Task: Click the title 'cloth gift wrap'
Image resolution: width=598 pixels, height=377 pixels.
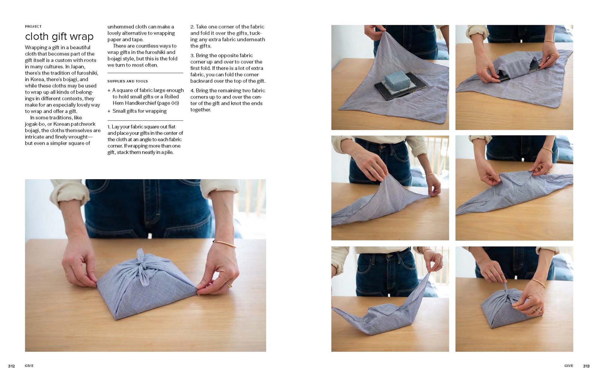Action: click(59, 37)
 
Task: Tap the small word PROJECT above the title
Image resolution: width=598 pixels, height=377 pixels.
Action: click(33, 26)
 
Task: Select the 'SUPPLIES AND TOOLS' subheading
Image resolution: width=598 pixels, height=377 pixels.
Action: click(128, 81)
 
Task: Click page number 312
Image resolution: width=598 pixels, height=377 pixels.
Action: click(11, 366)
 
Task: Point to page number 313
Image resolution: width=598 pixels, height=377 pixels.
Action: click(586, 366)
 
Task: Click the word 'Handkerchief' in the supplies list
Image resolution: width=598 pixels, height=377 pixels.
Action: click(140, 103)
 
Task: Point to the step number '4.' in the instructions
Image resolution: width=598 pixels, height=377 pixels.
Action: click(192, 91)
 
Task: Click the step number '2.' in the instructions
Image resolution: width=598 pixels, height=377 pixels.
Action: click(192, 27)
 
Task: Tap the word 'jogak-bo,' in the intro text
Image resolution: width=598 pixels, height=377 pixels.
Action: click(35, 124)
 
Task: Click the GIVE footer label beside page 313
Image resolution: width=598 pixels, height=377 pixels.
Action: click(568, 366)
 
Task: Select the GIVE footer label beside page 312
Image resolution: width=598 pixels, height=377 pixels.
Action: click(29, 366)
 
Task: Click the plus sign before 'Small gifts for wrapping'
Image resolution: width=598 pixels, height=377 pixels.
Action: click(109, 111)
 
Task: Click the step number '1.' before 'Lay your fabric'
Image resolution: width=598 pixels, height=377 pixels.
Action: click(109, 127)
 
